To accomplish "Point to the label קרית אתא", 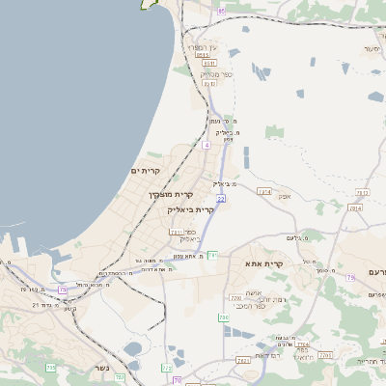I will coord(263,262).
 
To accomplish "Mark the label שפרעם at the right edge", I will coord(372,272).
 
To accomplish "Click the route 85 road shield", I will coord(221,11).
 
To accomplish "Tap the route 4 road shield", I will coord(207,145).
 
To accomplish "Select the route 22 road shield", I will coord(221,198).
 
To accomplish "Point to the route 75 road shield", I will coord(64,288).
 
